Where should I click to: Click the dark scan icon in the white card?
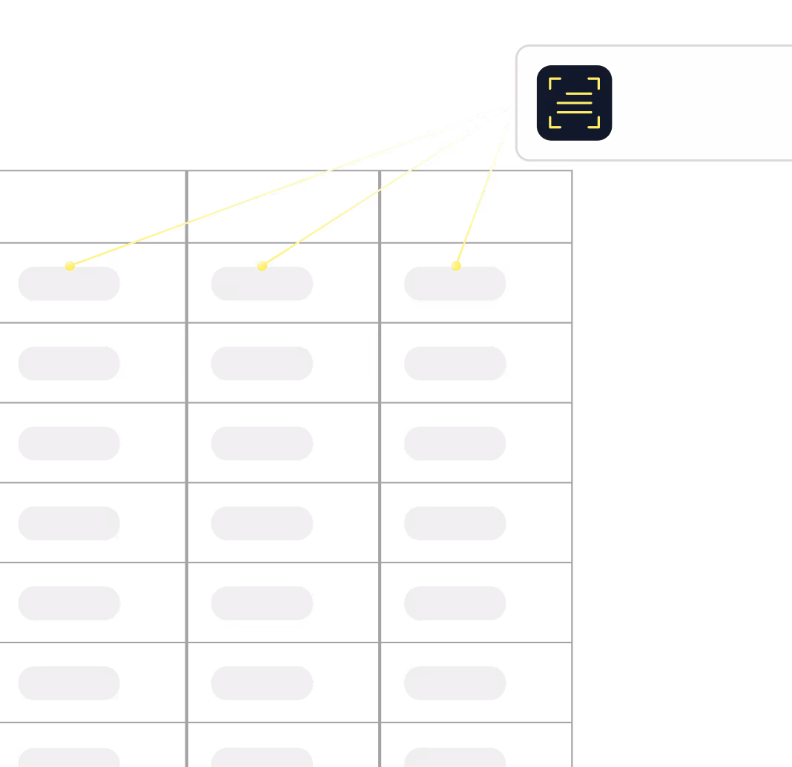[x=574, y=102]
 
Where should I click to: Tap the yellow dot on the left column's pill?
[x=70, y=265]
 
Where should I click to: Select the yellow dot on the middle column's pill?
[x=262, y=265]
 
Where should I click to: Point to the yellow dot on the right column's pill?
[x=456, y=265]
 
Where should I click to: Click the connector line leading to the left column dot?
[x=292, y=185]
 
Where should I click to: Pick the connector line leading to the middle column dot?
[x=389, y=184]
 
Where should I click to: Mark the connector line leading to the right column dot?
[x=486, y=184]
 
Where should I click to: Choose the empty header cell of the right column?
[x=476, y=207]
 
